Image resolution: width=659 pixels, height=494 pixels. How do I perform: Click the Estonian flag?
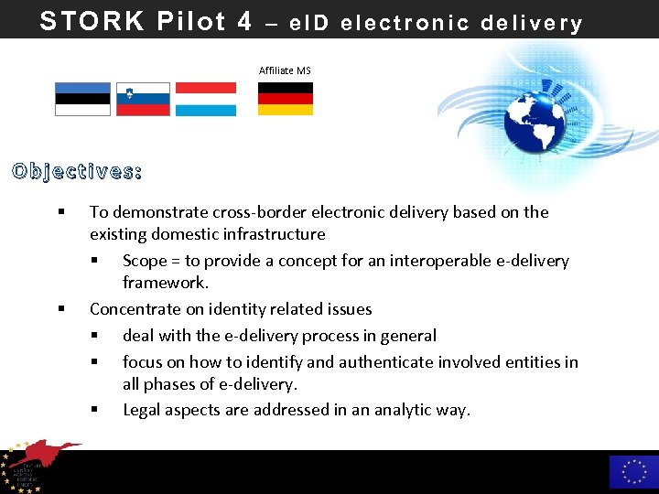[x=82, y=99]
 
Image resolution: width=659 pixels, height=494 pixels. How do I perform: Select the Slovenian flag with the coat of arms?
[x=142, y=99]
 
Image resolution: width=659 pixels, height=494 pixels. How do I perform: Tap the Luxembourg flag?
[x=205, y=99]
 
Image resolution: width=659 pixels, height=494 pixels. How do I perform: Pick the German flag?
[x=285, y=99]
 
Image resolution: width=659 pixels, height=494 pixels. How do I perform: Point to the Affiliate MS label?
[x=285, y=70]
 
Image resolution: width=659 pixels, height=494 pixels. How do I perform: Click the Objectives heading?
[x=77, y=171]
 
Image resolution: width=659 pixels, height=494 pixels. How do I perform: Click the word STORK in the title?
[x=92, y=21]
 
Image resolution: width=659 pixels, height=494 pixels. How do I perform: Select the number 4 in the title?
[x=243, y=21]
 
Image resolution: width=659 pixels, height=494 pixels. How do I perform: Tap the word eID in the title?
[x=309, y=24]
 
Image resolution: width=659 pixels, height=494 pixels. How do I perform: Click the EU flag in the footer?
[x=633, y=471]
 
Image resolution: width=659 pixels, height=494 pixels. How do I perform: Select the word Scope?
[x=145, y=261]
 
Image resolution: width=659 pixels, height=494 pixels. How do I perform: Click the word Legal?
[x=144, y=410]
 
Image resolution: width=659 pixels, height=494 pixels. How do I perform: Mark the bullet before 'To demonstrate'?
[x=60, y=212]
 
